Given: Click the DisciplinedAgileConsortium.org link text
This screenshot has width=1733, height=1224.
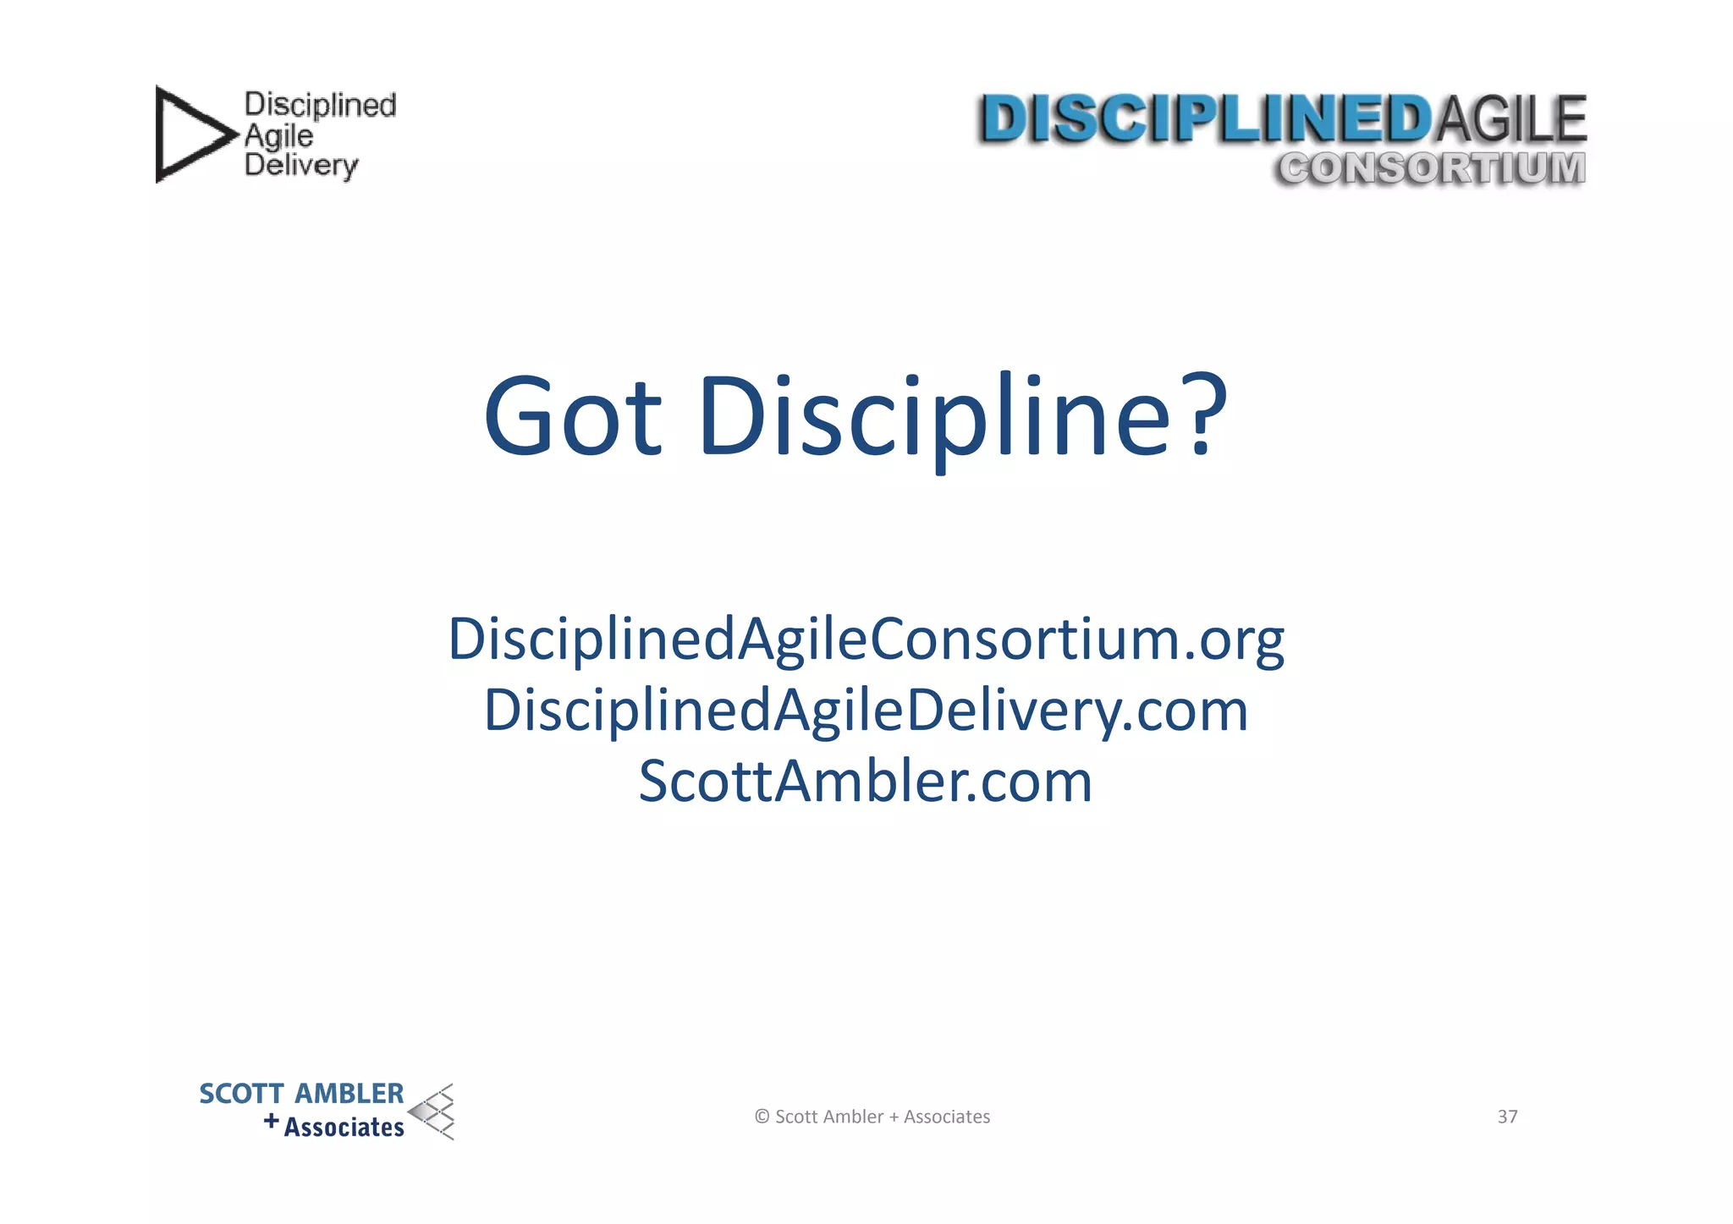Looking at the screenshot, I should pos(866,640).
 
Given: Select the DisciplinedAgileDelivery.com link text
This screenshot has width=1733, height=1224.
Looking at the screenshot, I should pos(866,711).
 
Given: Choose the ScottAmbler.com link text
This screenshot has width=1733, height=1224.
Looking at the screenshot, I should pos(866,781).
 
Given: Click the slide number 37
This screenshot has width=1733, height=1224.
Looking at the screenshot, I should pos(1507,1117).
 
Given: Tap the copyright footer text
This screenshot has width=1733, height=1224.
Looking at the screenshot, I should pos(872,1117).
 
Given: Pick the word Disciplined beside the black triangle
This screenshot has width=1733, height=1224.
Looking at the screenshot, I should pos(320,105).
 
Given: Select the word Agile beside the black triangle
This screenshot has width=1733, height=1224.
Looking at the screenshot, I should pos(278,135).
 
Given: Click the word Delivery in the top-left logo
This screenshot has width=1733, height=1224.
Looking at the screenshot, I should pos(301,165).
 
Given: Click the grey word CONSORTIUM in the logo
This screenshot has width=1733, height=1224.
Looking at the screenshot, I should pos(1431,167).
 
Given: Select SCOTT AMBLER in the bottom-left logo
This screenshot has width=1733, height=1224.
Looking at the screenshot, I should pos(301,1094).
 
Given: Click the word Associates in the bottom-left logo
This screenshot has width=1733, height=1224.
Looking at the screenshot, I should pos(344,1128).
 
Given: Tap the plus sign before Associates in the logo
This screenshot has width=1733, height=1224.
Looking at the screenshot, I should pos(271,1122).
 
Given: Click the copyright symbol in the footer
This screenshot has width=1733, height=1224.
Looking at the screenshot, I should pos(762,1117).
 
